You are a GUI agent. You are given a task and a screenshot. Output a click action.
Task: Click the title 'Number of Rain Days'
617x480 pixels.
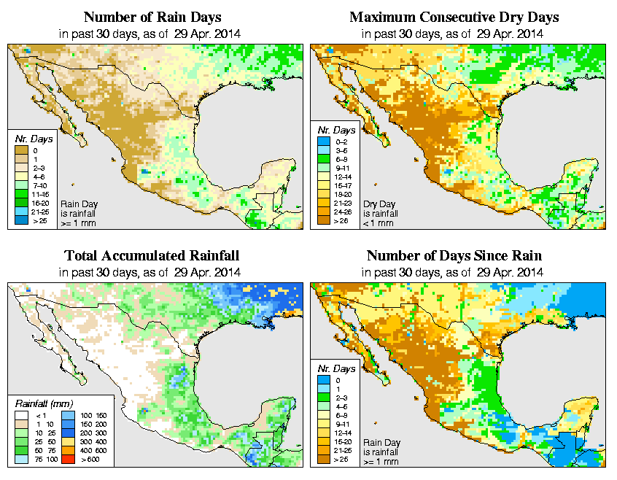[152, 17]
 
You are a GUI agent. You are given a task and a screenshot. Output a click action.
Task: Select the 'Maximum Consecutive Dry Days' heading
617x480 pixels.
[453, 17]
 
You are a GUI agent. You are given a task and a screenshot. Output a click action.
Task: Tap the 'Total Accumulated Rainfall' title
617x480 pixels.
[152, 256]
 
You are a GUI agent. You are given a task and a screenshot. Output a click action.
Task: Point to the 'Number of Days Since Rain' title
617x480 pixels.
[453, 256]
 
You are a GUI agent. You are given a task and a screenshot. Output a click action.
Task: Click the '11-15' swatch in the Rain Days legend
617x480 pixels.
[22, 194]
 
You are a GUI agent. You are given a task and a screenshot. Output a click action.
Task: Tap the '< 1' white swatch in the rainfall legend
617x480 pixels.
[22, 414]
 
